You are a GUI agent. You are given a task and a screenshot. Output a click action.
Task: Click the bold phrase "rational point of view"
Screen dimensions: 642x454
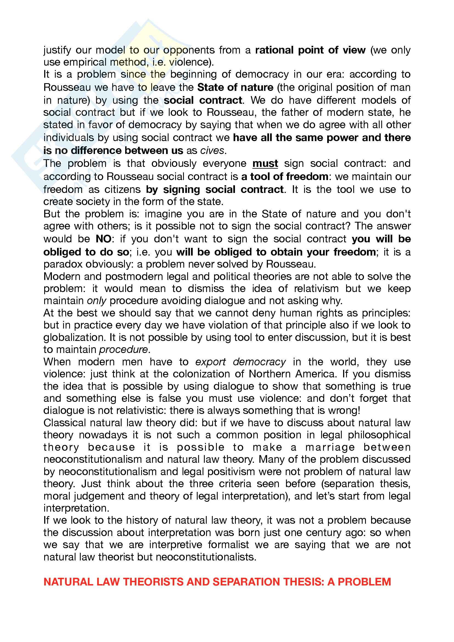click(310, 50)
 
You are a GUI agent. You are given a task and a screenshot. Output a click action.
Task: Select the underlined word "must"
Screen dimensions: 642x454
click(265, 163)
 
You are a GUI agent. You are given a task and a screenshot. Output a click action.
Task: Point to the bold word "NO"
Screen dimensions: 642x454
click(103, 239)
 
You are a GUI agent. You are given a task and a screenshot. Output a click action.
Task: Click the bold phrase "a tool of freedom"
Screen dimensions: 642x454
click(285, 177)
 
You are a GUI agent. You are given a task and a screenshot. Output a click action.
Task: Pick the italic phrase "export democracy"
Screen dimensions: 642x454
click(240, 362)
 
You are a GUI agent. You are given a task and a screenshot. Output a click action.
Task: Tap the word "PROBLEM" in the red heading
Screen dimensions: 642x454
click(364, 582)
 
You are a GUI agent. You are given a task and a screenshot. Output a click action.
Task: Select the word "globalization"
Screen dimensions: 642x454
click(74, 338)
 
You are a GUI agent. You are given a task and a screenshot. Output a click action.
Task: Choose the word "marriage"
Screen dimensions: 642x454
click(330, 447)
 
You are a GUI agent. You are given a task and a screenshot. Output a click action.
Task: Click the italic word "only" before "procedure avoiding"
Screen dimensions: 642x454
click(96, 301)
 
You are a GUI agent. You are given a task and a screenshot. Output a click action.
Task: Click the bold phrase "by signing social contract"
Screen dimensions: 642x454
click(215, 190)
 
